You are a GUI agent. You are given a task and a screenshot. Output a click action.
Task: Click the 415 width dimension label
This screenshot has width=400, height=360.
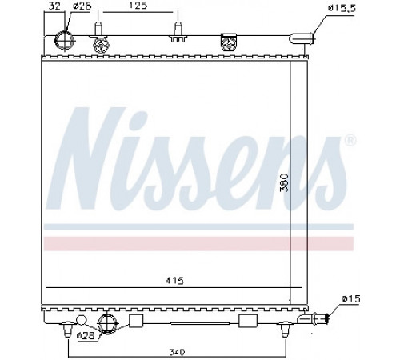coord(174,281)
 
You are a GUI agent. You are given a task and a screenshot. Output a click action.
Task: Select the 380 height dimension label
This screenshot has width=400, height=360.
coord(285,182)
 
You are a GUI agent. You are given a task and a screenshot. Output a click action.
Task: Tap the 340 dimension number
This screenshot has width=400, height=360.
coord(177,352)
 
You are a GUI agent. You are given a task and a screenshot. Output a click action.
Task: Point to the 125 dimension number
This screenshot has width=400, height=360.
coord(138,6)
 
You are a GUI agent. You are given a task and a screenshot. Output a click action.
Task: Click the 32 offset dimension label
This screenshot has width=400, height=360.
coord(54,6)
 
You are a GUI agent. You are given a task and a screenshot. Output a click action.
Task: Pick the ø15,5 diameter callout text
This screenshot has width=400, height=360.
coord(342,8)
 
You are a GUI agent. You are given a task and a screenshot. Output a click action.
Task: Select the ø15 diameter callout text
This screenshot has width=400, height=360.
coord(351,298)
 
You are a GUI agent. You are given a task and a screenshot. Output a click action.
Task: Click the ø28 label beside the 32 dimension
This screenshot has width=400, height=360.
coord(82,6)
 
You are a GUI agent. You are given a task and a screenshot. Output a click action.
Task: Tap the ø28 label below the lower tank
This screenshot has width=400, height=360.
coord(86,335)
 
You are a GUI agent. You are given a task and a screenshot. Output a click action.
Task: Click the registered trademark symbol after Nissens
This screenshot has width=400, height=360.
coord(350,141)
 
